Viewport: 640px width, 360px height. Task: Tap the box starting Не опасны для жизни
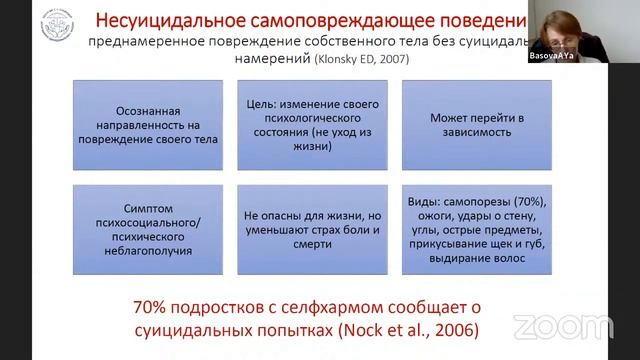click(x=298, y=229)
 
